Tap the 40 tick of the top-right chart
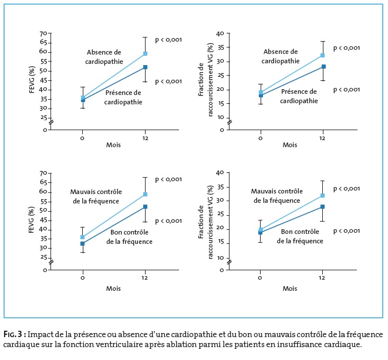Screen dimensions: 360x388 (x=220, y=33)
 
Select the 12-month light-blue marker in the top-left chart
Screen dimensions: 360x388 (x=144, y=54)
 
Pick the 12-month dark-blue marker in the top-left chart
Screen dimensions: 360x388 (x=144, y=67)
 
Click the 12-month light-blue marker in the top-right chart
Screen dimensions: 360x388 (x=323, y=55)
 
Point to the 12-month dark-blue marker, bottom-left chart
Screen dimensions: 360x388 (x=144, y=206)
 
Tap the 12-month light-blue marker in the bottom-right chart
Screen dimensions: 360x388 (x=323, y=195)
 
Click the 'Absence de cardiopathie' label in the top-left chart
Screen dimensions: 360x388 (x=104, y=56)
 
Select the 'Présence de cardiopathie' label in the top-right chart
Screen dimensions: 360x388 (x=299, y=96)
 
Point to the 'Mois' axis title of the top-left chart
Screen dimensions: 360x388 (x=114, y=145)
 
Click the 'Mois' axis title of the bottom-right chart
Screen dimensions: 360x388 (x=290, y=288)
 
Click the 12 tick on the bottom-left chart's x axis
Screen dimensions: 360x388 (x=145, y=277)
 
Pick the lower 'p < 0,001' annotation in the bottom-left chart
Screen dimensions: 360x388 (x=168, y=221)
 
